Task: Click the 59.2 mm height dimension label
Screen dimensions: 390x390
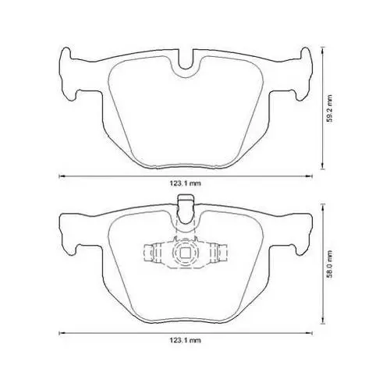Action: coord(330,108)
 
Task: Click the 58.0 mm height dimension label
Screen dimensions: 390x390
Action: coord(330,264)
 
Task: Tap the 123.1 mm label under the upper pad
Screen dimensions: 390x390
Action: coord(186,183)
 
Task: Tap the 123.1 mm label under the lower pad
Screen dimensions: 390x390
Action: coord(186,340)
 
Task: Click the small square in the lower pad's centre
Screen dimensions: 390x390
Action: coord(186,253)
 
